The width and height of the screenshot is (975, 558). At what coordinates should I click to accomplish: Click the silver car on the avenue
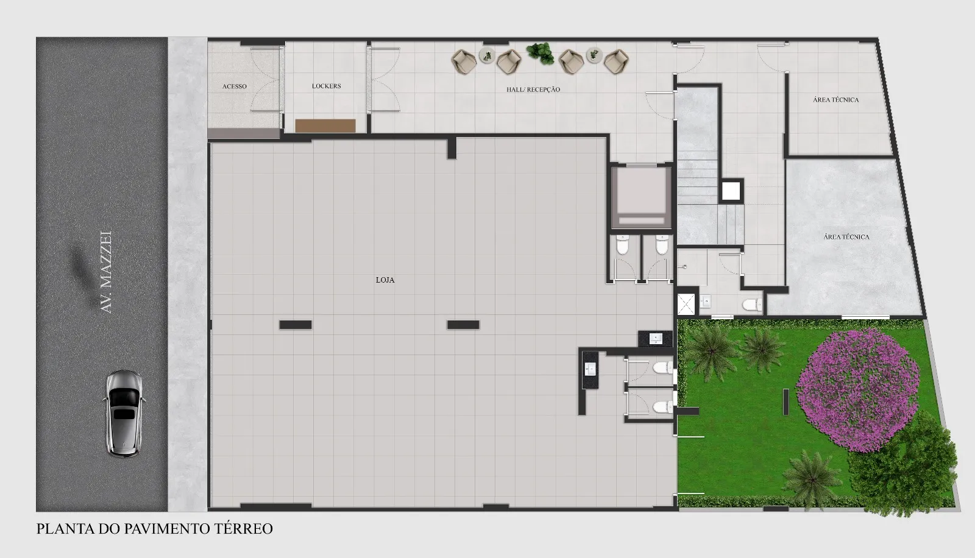coord(124,413)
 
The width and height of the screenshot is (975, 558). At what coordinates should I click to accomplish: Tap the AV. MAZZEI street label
coord(106,272)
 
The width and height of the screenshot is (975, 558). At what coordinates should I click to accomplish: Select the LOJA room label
coord(385,280)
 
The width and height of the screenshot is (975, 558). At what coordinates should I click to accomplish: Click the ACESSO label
coord(235,86)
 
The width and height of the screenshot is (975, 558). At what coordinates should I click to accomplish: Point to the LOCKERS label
coord(327,86)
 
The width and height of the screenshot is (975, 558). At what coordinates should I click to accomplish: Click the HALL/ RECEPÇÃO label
coord(533,89)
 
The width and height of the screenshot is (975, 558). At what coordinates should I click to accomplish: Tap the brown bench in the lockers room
coord(325,125)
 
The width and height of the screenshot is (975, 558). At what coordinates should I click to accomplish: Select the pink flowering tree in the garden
coord(858,390)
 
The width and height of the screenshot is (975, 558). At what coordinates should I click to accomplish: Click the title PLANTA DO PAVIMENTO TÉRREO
coord(155,528)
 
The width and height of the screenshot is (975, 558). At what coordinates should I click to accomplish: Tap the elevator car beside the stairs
coord(642,197)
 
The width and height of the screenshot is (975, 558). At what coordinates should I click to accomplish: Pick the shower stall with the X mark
coord(686,304)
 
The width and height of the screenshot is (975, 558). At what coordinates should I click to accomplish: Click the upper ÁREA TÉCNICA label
coord(835,100)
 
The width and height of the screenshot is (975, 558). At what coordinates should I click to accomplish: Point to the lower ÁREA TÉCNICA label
coord(846,237)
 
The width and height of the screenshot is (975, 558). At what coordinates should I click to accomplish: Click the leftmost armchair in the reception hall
coord(463,62)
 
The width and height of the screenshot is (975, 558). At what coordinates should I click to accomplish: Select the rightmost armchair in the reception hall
coord(615,62)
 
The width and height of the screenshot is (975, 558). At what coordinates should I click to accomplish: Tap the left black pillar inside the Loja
coord(296,325)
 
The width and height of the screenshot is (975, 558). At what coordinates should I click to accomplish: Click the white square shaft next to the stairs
coord(731,191)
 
